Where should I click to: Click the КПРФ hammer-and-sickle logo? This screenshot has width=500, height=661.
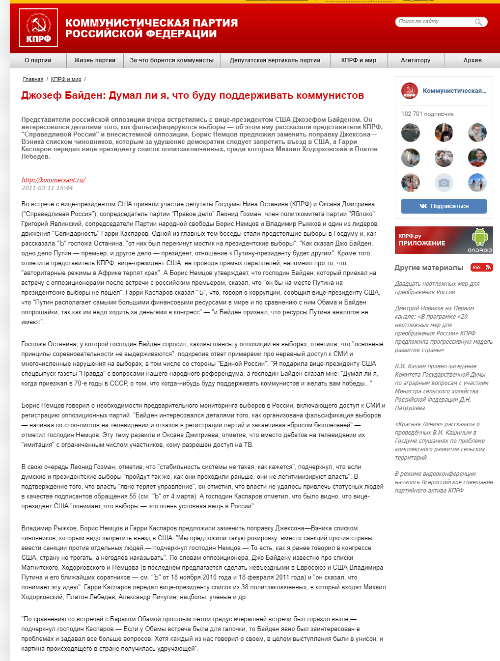pyautogui.click(x=38, y=28)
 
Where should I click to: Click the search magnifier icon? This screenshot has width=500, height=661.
pyautogui.click(x=478, y=22)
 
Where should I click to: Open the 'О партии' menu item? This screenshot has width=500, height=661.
pyautogui.click(x=38, y=60)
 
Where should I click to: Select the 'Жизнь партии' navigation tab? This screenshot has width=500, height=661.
pyautogui.click(x=95, y=60)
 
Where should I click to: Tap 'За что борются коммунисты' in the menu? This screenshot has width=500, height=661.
pyautogui.click(x=172, y=60)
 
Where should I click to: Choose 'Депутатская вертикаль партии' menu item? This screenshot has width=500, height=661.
pyautogui.click(x=275, y=60)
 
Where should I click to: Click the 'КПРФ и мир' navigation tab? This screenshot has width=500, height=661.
pyautogui.click(x=359, y=60)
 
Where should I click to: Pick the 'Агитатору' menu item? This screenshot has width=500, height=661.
pyautogui.click(x=416, y=60)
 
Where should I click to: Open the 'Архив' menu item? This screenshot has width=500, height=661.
pyautogui.click(x=472, y=60)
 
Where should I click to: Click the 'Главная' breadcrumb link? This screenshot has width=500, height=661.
pyautogui.click(x=33, y=79)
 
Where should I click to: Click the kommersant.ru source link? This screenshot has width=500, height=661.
pyautogui.click(x=54, y=180)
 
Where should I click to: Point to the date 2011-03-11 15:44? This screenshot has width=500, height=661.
pyautogui.click(x=47, y=188)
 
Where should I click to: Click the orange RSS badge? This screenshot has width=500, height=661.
pyautogui.click(x=481, y=268)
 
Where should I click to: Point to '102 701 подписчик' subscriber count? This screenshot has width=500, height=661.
pyautogui.click(x=427, y=114)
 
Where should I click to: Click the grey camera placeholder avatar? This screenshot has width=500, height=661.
pyautogui.click(x=444, y=183)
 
